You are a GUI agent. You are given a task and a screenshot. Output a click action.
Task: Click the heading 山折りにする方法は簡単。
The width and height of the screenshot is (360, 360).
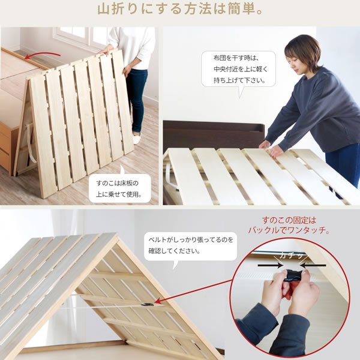pyautogui.click(x=180, y=10)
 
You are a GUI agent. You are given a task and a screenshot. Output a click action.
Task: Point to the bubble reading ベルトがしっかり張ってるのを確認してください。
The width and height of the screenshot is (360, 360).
pyautogui.click(x=190, y=247)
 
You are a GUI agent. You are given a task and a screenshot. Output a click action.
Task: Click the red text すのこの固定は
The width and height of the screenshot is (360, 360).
pyautogui.click(x=289, y=220)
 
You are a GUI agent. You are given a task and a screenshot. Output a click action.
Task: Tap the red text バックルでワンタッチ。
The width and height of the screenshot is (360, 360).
pyautogui.click(x=289, y=230)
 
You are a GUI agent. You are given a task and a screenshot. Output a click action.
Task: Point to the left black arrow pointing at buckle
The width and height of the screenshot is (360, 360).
pyautogui.click(x=270, y=265)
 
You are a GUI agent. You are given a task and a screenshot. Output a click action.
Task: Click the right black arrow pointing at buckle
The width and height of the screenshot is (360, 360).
pyautogui.click(x=313, y=265)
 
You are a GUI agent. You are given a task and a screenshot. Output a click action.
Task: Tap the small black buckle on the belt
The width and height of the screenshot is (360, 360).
pyautogui.click(x=147, y=304)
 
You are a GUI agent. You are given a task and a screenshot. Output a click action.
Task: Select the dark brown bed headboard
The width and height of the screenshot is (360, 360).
pyautogui.click(x=214, y=134)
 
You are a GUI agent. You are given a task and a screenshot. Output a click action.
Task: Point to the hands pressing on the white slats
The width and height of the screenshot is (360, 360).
pyautogui.click(x=271, y=148)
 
